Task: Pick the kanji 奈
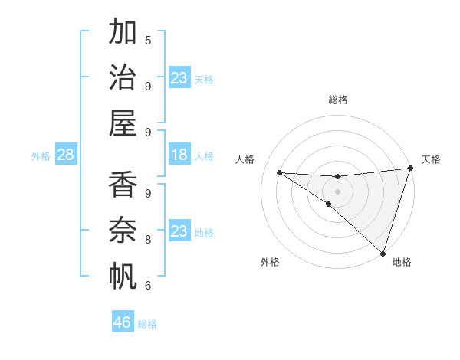tap(123, 231)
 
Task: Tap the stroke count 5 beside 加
tap(148, 40)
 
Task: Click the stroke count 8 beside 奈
tap(148, 240)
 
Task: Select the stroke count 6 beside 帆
tap(148, 286)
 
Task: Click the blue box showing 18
tap(179, 155)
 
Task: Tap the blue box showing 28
tap(66, 155)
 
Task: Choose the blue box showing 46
tap(123, 322)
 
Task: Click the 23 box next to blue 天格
tap(179, 78)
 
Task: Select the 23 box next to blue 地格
tap(179, 231)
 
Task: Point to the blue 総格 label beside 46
tap(147, 324)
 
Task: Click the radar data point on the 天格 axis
tap(410, 169)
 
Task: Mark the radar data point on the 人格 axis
tap(279, 172)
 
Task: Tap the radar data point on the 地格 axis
tap(383, 253)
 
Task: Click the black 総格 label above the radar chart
tap(338, 100)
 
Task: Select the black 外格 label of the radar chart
tap(270, 262)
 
